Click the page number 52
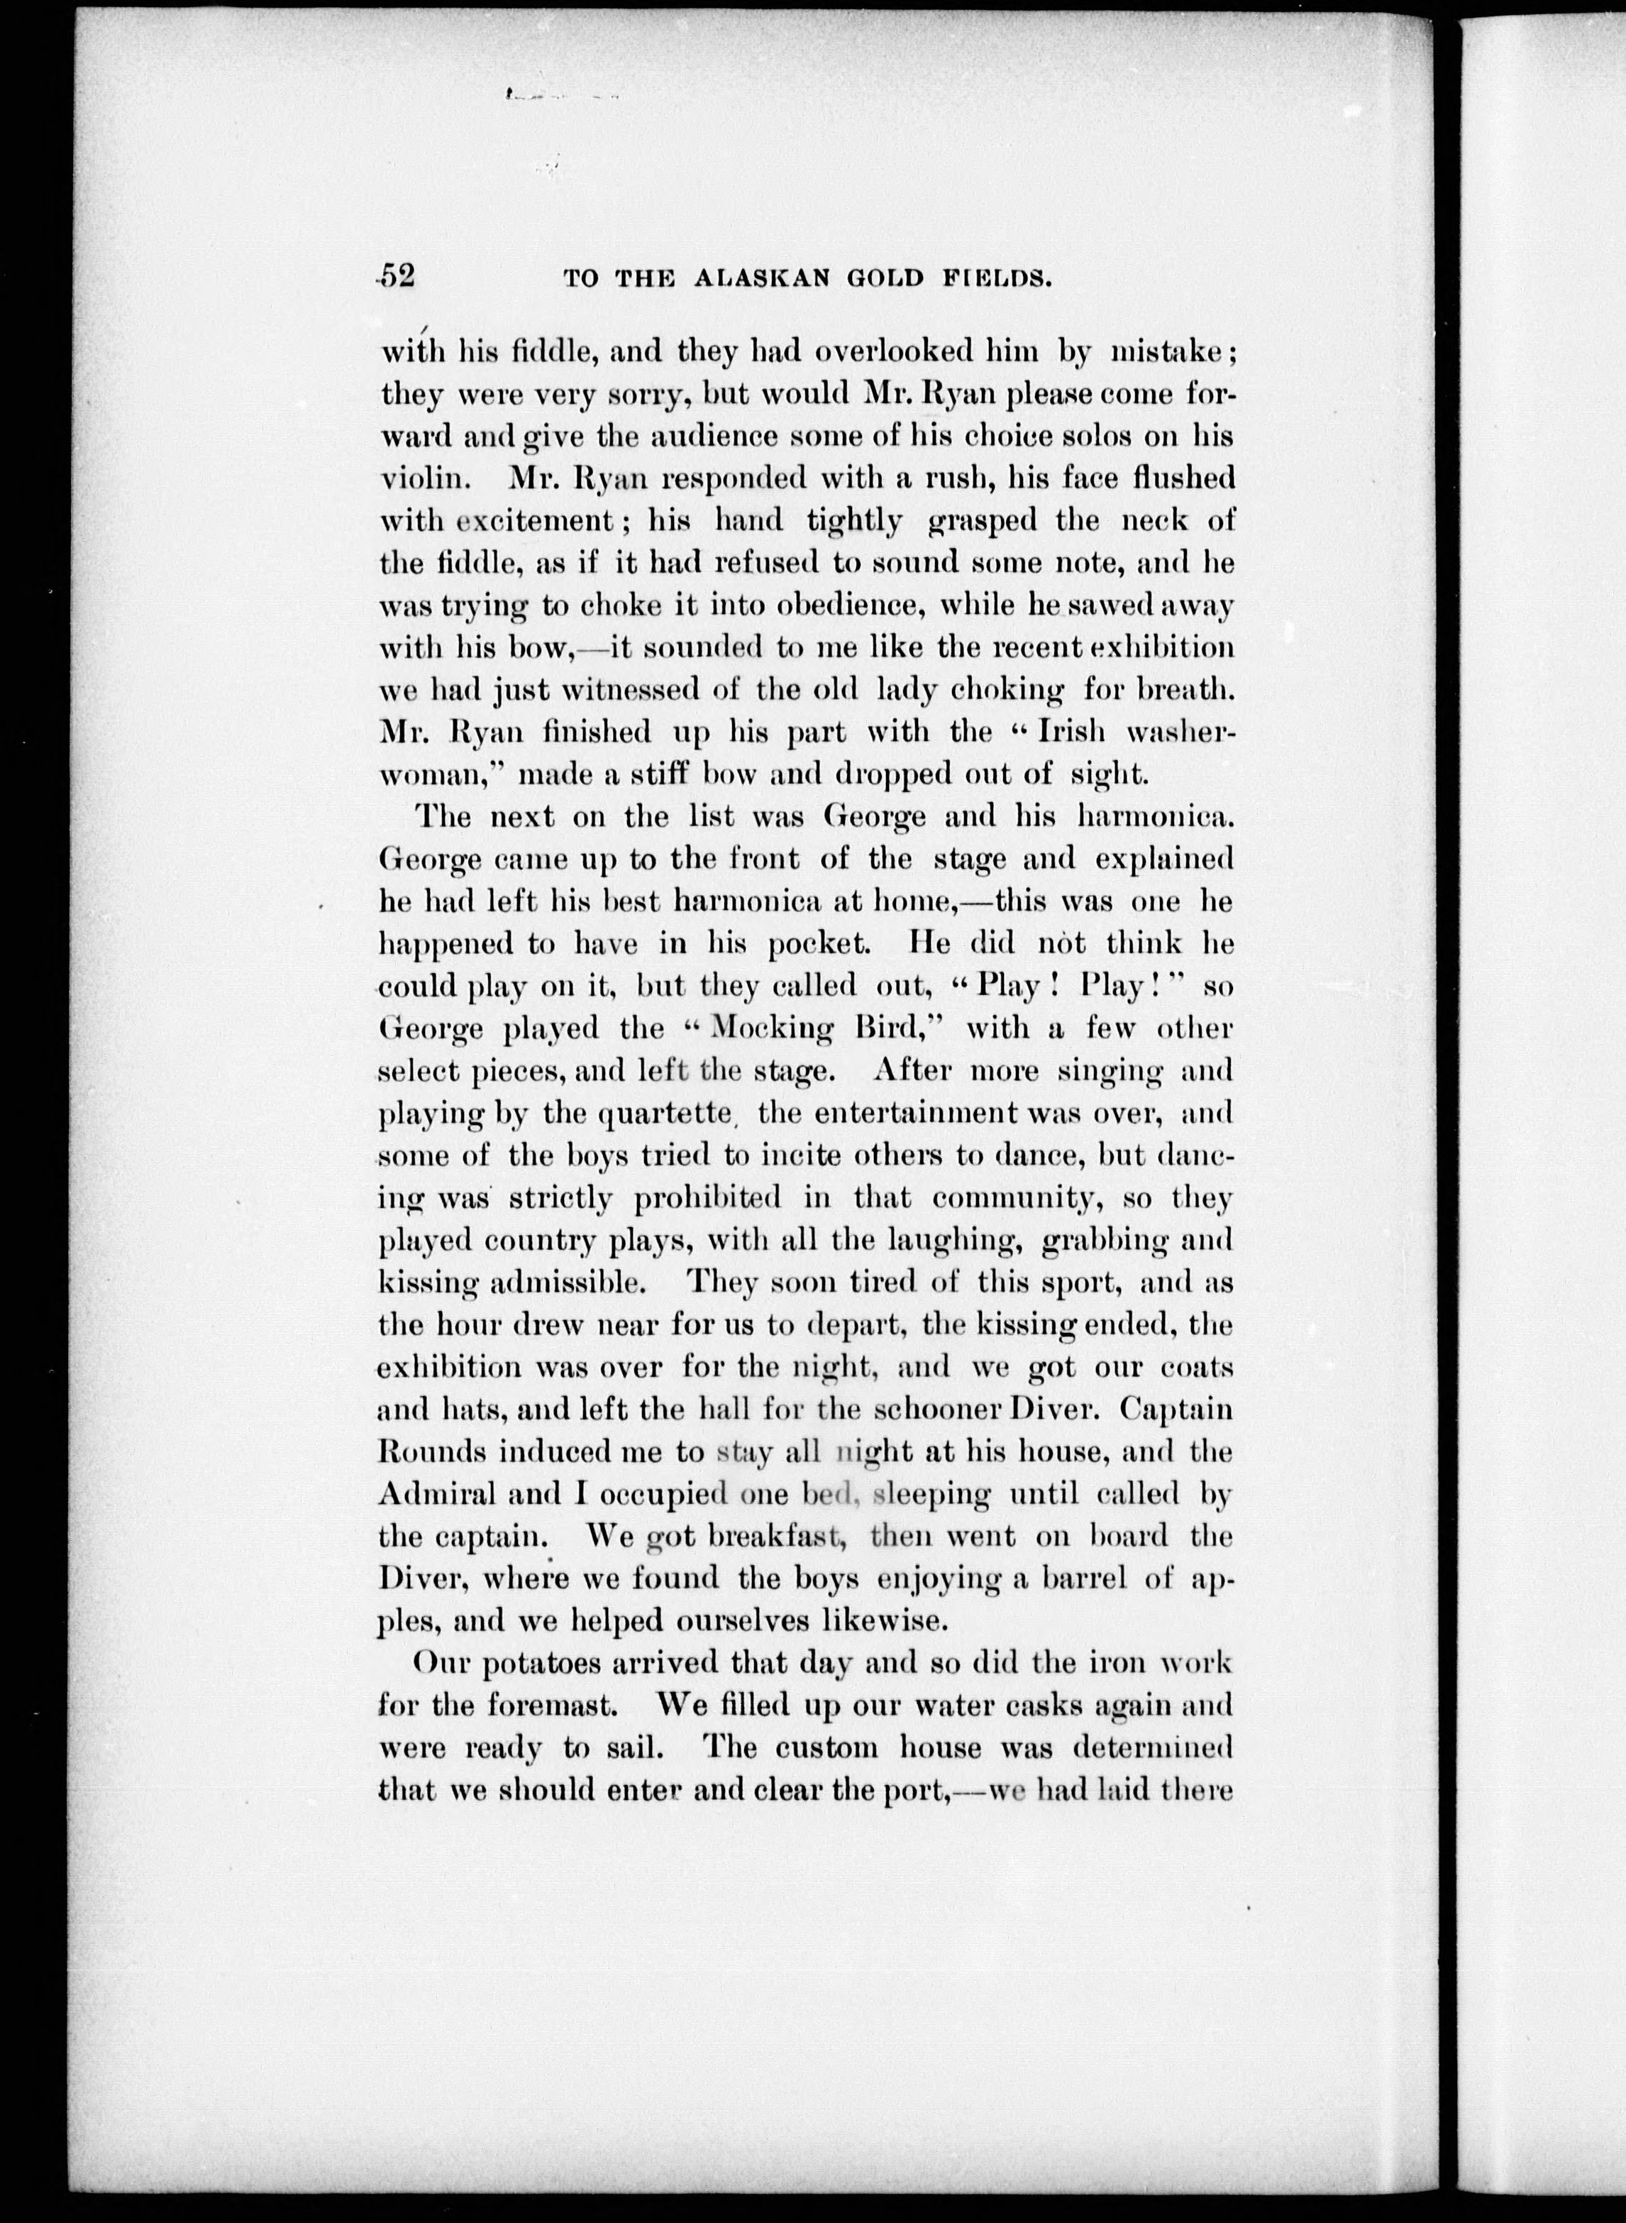[x=399, y=277]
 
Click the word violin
[x=424, y=478]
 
